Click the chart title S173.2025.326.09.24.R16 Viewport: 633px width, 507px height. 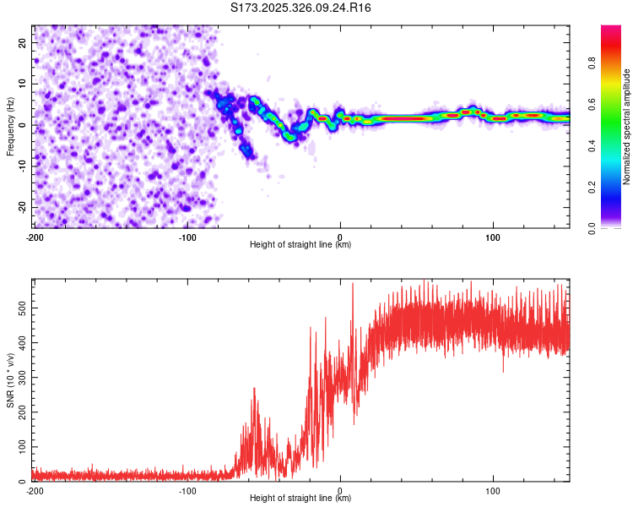point(300,8)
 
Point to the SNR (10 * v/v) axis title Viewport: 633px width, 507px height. point(10,379)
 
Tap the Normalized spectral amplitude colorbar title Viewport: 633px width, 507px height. point(626,127)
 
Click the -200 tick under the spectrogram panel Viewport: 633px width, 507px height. point(35,237)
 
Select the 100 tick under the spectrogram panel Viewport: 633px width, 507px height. point(493,237)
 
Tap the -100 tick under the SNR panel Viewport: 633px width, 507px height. point(187,490)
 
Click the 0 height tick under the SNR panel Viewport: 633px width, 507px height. point(340,490)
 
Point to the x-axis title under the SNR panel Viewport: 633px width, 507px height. point(300,499)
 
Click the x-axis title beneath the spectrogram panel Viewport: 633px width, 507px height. point(300,245)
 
